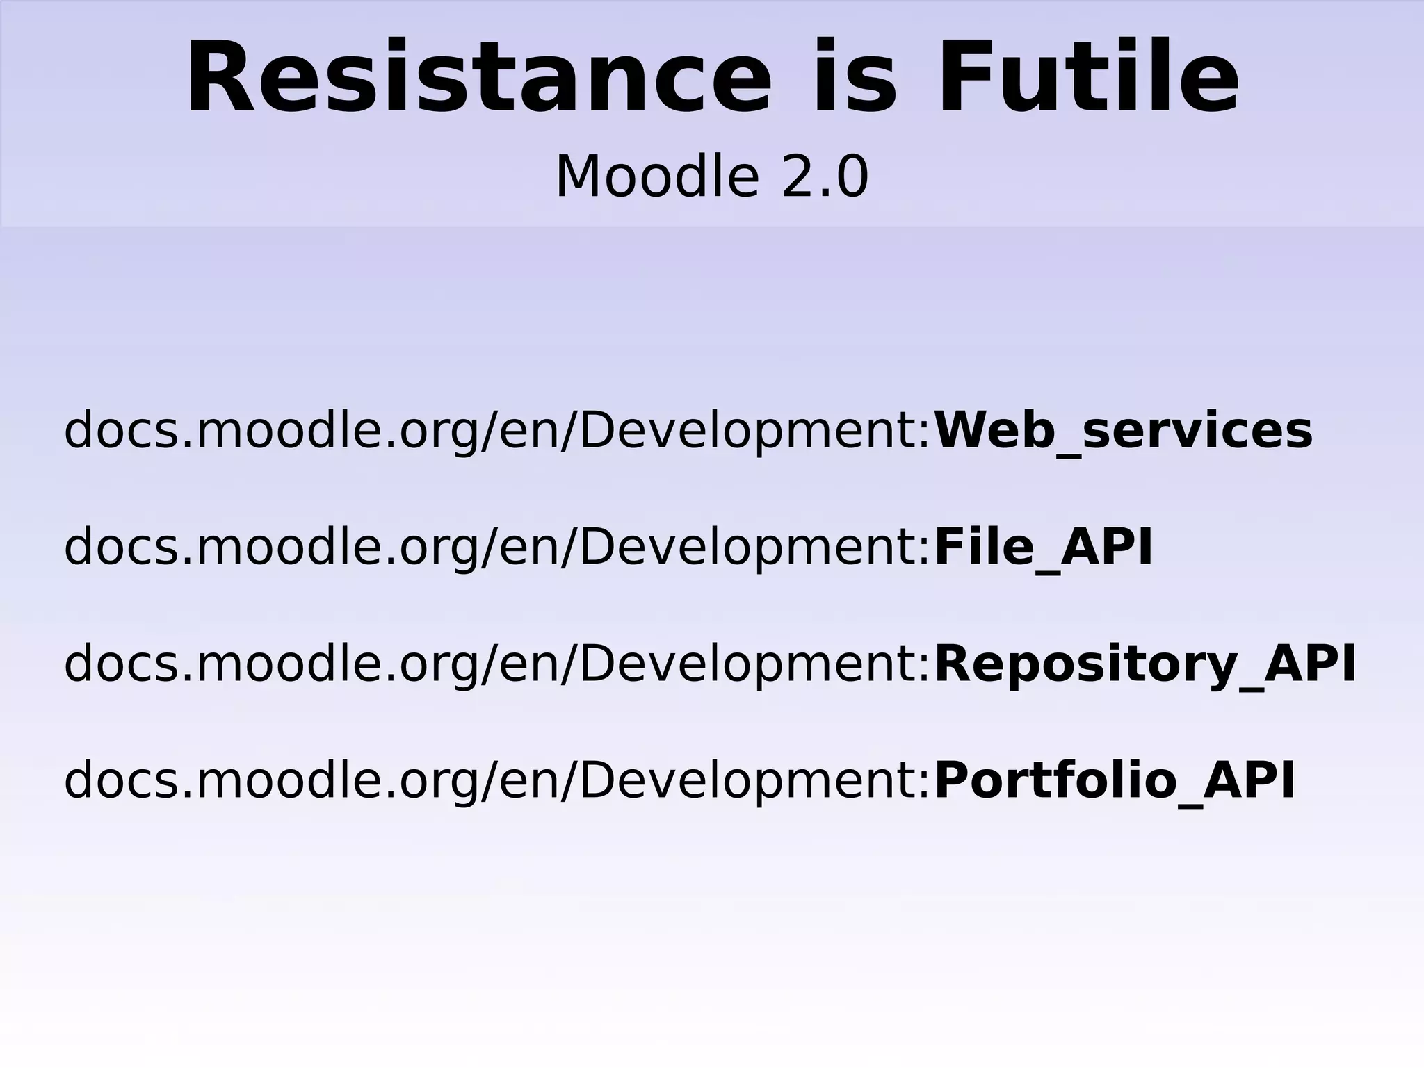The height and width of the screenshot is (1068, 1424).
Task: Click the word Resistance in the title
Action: tap(478, 78)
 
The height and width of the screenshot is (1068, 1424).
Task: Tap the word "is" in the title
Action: tap(854, 78)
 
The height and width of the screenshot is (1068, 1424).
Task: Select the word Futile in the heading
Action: tap(1088, 78)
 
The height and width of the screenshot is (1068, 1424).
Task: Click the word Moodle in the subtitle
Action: tap(656, 177)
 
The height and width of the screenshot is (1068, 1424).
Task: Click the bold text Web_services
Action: tap(1123, 431)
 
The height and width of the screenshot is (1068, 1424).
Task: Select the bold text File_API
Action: tap(1043, 548)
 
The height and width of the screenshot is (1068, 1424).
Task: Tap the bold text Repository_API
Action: tap(1144, 664)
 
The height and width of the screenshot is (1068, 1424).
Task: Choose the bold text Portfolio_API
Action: tap(1114, 781)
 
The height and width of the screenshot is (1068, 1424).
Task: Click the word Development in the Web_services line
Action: tap(747, 431)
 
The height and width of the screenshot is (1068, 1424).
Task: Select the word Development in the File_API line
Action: tap(747, 548)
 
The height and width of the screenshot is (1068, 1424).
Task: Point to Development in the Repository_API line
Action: tap(747, 664)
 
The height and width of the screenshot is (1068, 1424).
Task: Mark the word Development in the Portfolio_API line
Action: tap(747, 781)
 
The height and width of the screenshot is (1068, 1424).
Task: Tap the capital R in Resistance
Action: tap(222, 78)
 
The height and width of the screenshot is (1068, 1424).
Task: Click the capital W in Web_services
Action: tap(966, 431)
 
